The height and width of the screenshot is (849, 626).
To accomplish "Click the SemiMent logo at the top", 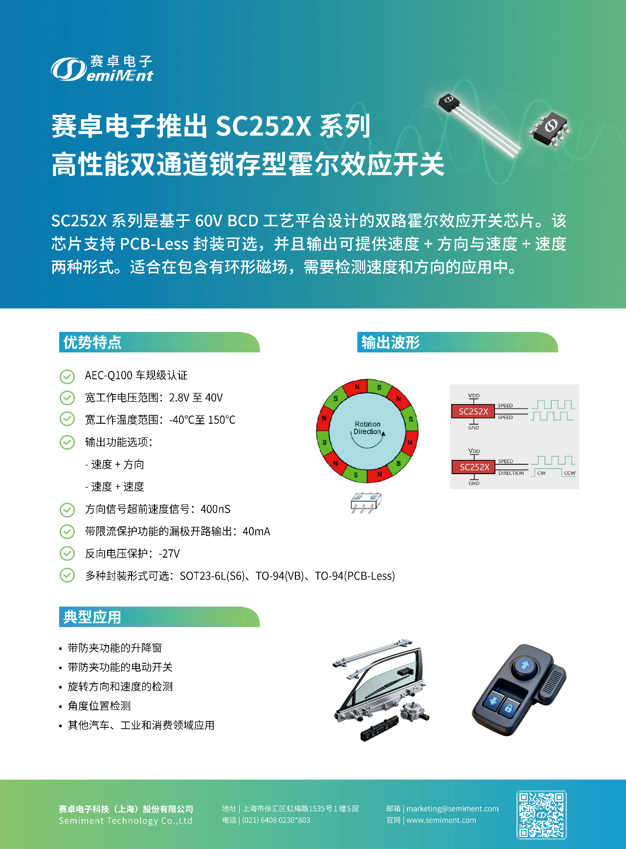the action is (x=102, y=68).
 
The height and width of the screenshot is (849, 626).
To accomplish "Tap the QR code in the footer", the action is (x=541, y=815).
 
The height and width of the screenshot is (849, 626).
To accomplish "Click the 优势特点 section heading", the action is (x=92, y=342).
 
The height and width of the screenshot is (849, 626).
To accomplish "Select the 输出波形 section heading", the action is (x=391, y=342).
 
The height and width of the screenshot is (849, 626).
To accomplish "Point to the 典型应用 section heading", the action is (x=92, y=617).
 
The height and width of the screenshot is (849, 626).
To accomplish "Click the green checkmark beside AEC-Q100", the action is (x=67, y=376).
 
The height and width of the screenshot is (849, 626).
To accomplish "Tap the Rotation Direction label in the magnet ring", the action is (x=367, y=428).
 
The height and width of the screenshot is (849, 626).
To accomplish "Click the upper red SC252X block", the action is (x=473, y=411).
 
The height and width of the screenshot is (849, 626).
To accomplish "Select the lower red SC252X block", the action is (x=474, y=467).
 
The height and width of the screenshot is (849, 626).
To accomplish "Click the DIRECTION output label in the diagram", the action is (x=511, y=473).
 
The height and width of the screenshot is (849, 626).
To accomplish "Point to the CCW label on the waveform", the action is (x=570, y=473).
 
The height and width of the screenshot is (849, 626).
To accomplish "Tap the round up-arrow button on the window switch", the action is (x=525, y=665).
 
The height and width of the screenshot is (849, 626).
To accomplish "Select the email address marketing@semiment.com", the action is (x=452, y=808).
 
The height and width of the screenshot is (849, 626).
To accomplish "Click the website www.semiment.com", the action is (x=441, y=820).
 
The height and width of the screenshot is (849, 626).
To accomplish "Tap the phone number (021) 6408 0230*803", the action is (x=276, y=820).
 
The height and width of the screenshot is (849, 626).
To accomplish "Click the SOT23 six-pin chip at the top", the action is (x=550, y=127).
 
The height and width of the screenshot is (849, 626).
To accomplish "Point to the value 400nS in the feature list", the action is (x=215, y=509).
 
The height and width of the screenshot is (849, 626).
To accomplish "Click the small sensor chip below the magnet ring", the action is (x=365, y=503).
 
